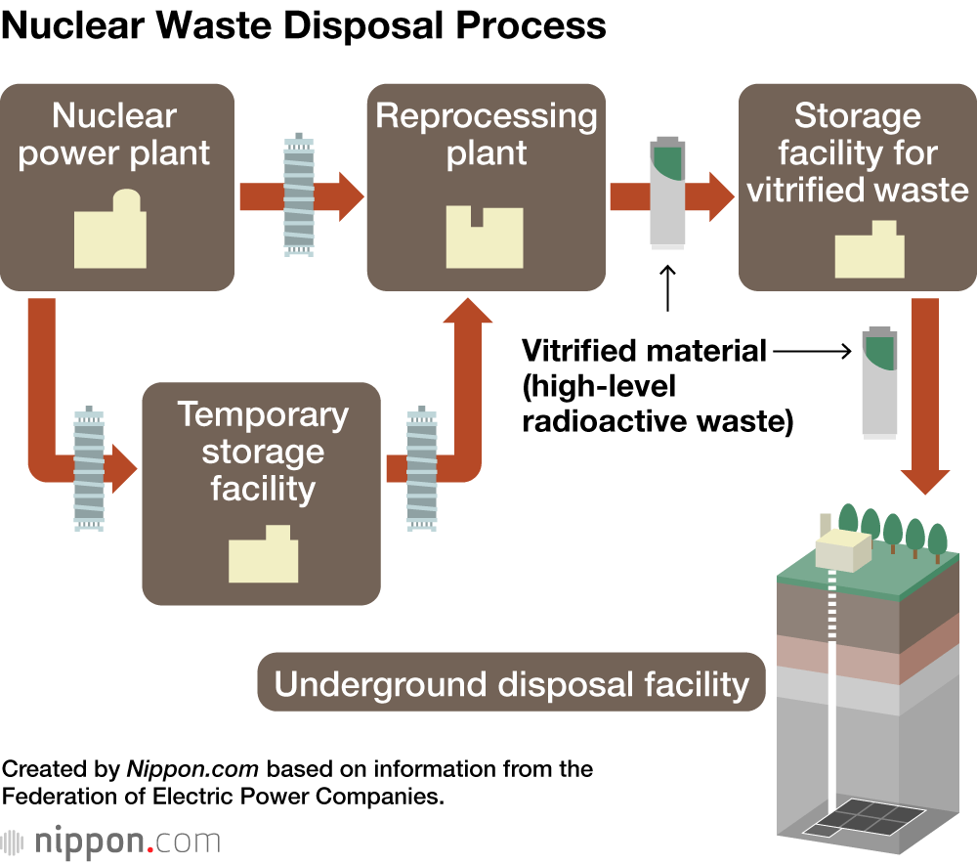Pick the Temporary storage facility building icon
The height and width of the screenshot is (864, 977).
263,556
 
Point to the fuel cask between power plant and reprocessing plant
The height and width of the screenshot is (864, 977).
299,195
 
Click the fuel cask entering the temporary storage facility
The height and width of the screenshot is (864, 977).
89,468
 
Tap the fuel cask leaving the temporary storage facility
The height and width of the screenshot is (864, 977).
421,468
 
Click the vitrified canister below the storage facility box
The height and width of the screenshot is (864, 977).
878,380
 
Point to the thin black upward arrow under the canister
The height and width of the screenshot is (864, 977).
668,287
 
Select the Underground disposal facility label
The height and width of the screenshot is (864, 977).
511,683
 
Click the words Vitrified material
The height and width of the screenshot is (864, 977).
644,350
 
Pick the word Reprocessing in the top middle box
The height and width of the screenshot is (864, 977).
487,116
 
